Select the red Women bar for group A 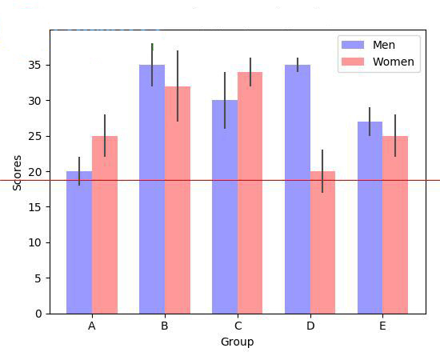(105, 225)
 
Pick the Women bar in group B (178, 200)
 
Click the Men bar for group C (225, 207)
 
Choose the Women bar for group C (250, 193)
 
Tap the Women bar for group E (395, 225)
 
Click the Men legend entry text (384, 45)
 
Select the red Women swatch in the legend (353, 62)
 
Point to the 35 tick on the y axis (37, 65)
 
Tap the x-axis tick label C (238, 326)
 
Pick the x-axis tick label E (382, 326)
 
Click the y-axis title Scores (18, 172)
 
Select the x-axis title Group (238, 342)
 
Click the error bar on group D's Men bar (298, 65)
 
